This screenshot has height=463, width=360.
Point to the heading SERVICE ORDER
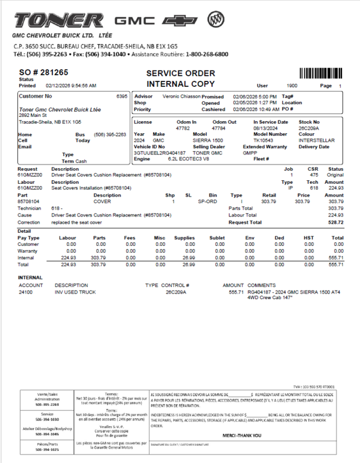point(181,73)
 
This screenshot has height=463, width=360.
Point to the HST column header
point(309,238)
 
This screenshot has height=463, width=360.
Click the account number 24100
point(26,292)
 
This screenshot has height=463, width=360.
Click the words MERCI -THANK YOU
point(241,435)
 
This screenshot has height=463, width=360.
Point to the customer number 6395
point(121,96)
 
